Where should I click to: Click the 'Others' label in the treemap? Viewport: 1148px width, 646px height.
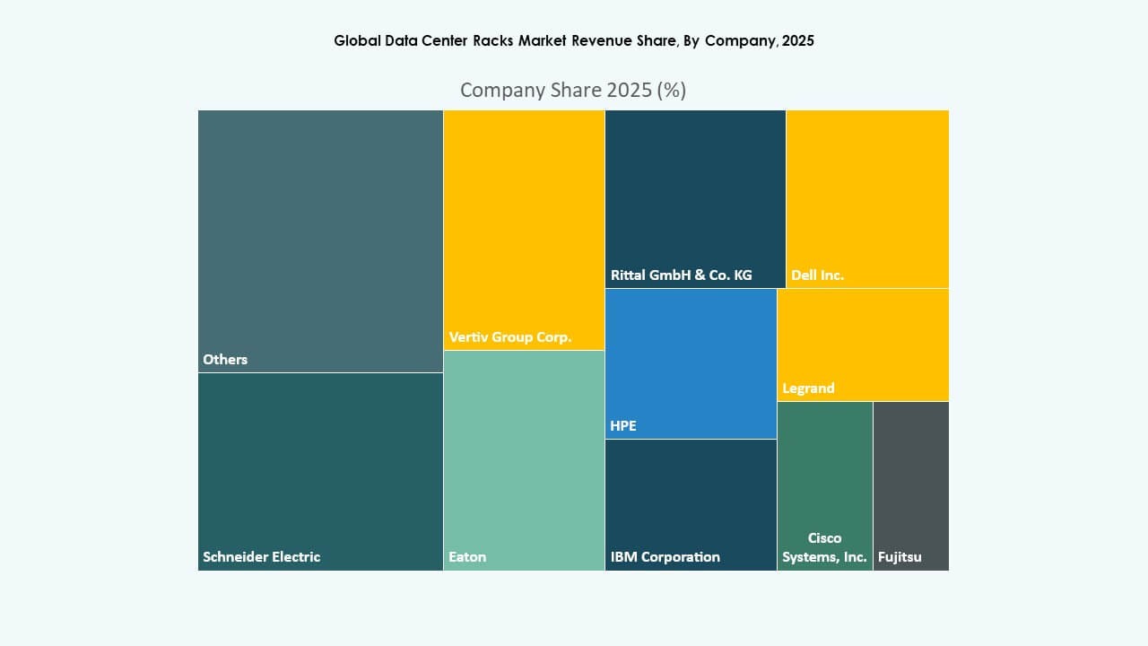pyautogui.click(x=225, y=359)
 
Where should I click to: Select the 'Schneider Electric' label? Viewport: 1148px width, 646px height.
pyautogui.click(x=261, y=556)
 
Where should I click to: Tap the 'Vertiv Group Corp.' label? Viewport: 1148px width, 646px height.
pyautogui.click(x=509, y=337)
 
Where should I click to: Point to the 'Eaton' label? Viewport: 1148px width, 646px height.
pyautogui.click(x=467, y=556)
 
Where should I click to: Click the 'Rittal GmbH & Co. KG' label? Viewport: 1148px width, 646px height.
pyautogui.click(x=681, y=275)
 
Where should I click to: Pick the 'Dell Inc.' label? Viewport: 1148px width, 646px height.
pyautogui.click(x=817, y=275)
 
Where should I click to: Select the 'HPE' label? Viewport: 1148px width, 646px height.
pyautogui.click(x=622, y=425)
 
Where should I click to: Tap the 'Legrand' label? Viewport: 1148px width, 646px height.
pyautogui.click(x=808, y=388)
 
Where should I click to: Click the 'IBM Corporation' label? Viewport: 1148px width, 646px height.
pyautogui.click(x=665, y=556)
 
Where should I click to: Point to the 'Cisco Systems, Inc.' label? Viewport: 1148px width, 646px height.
pyautogui.click(x=824, y=547)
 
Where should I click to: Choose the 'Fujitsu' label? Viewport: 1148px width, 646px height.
pyautogui.click(x=900, y=556)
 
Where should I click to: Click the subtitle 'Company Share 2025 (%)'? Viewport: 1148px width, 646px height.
pyautogui.click(x=573, y=90)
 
